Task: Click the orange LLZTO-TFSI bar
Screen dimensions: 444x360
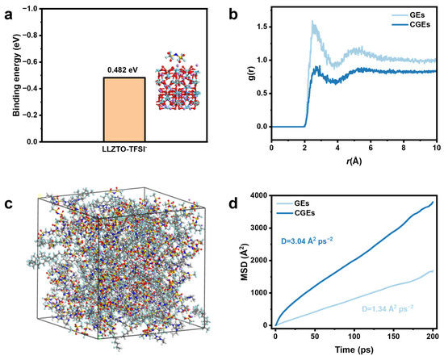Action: [124, 110]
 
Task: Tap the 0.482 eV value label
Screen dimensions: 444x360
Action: [124, 69]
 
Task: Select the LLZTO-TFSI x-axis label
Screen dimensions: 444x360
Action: [124, 149]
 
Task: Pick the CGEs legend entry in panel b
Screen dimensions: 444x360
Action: [411, 25]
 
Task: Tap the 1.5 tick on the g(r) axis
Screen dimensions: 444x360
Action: [262, 27]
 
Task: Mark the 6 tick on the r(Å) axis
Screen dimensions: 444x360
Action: [371, 148]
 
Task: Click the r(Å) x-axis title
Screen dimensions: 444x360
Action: [354, 161]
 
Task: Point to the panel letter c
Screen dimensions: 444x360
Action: [9, 203]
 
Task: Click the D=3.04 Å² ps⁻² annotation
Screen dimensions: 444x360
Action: [307, 241]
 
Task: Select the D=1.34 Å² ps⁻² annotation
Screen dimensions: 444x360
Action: [387, 308]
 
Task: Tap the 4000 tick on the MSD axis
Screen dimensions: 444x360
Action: [258, 196]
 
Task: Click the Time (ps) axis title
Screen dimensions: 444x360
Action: [354, 350]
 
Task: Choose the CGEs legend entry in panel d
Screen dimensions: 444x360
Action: [295, 212]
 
